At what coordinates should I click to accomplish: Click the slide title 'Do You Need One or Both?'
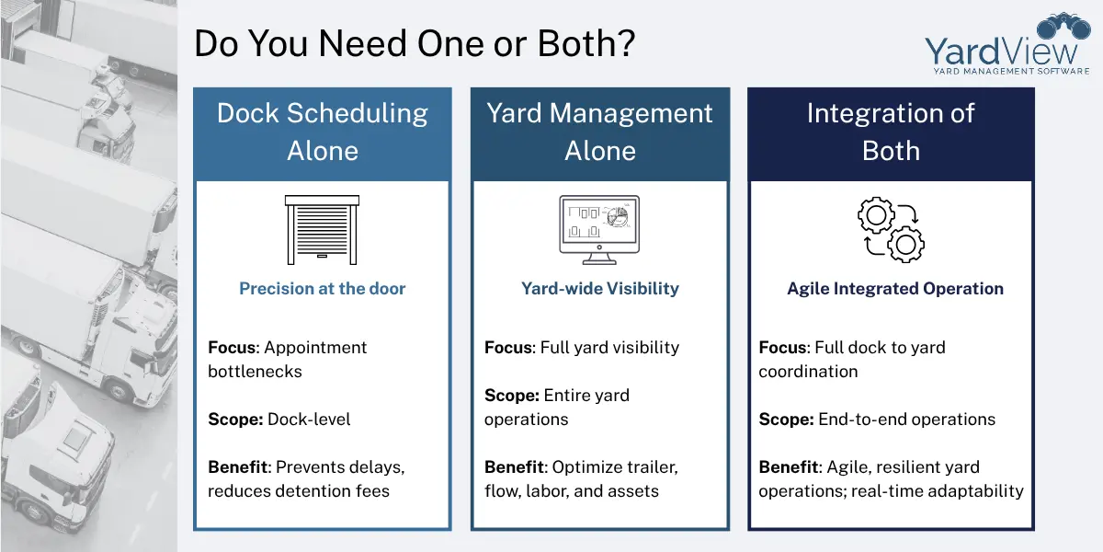coord(414,44)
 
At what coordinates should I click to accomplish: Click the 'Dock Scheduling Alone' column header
coord(323,132)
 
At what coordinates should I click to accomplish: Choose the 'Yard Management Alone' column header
coord(599,132)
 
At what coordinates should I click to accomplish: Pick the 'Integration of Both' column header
coord(891,132)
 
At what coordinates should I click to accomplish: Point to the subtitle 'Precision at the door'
coord(322,289)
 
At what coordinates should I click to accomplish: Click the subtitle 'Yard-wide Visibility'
coord(599,289)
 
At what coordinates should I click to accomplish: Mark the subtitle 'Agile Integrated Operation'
coord(894,289)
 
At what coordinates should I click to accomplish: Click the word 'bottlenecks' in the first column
coord(255,372)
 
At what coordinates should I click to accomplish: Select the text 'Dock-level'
coord(309,420)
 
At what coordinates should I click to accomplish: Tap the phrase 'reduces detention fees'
coord(299,491)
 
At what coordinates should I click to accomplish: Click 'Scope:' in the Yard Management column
coord(512,396)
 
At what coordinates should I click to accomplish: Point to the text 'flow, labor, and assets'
coord(572,491)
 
